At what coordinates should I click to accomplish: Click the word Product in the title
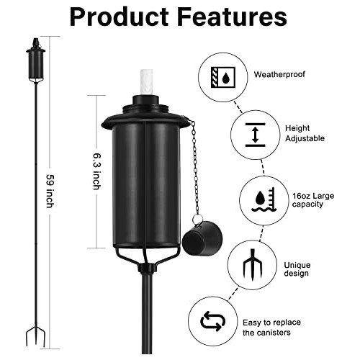tap(116, 17)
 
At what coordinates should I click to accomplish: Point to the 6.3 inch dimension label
tap(96, 171)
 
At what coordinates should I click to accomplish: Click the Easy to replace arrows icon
tap(212, 322)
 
